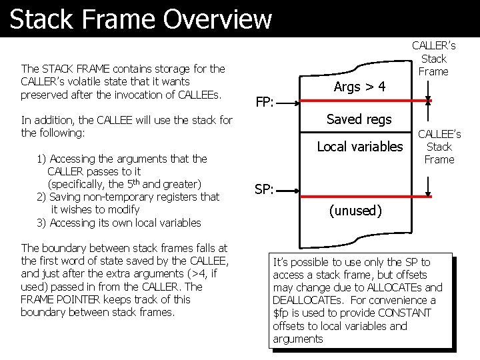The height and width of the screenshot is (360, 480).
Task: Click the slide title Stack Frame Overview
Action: tap(141, 19)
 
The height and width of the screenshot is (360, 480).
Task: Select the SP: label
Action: tap(265, 189)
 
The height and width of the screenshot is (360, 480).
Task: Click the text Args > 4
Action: tap(359, 87)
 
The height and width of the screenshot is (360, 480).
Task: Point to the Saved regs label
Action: tap(359, 119)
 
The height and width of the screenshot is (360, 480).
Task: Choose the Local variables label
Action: tap(360, 146)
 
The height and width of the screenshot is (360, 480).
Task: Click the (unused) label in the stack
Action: tap(355, 211)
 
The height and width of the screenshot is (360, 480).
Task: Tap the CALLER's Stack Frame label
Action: tap(433, 58)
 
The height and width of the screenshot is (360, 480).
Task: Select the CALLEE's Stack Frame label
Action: tap(439, 147)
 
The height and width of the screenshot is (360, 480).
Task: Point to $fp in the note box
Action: tap(280, 313)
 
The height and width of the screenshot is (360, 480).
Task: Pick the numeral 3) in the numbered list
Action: tap(42, 223)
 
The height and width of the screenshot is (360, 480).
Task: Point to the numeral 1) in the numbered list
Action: tap(42, 159)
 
